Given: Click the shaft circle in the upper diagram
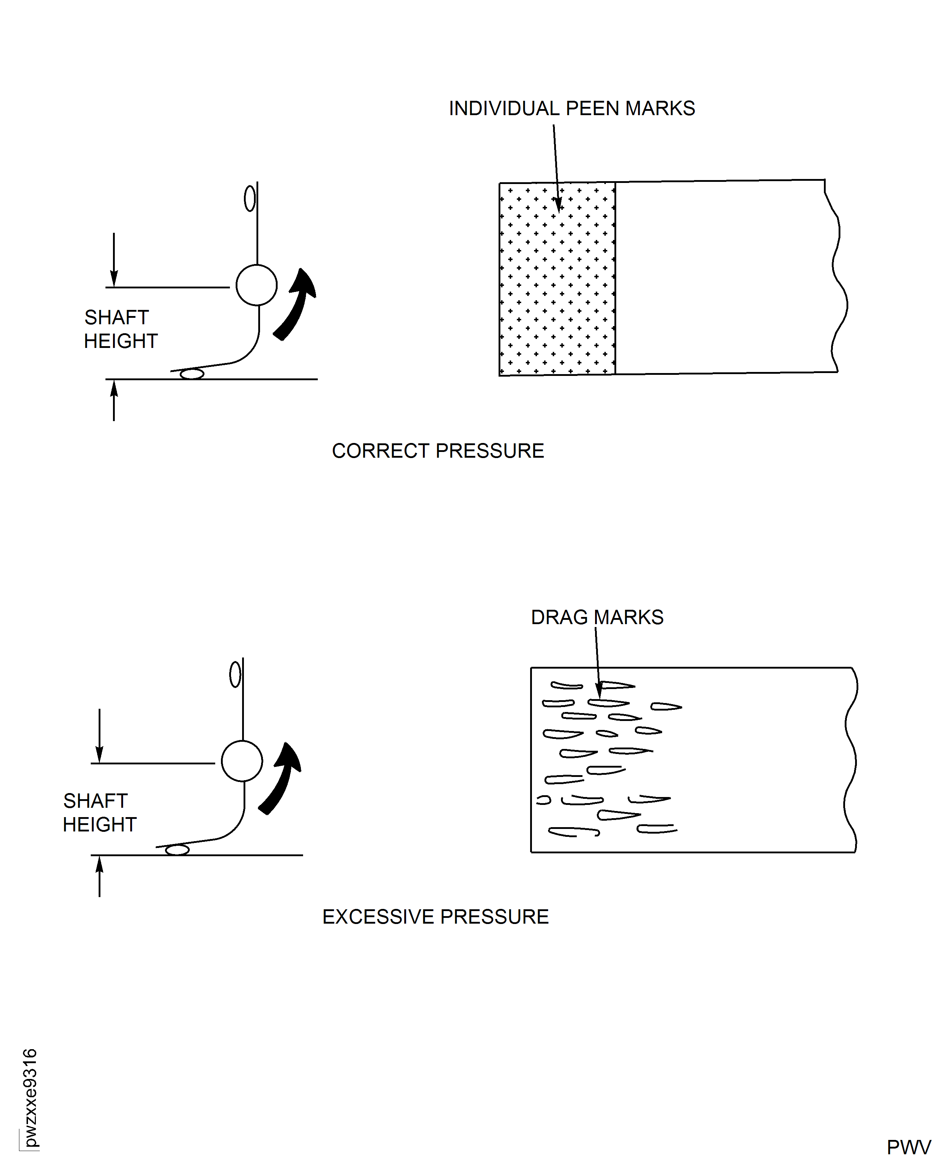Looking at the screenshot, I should (256, 285).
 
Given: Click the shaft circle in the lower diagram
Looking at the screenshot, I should (242, 761).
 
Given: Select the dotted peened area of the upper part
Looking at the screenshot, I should (557, 278).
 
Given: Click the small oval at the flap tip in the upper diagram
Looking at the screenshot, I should (192, 374).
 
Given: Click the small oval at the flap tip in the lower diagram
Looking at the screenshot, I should (177, 850).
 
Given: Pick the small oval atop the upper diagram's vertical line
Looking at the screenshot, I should (250, 198).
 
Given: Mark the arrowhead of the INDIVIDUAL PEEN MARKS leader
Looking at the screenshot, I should (558, 205).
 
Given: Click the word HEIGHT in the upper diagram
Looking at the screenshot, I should (120, 341).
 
